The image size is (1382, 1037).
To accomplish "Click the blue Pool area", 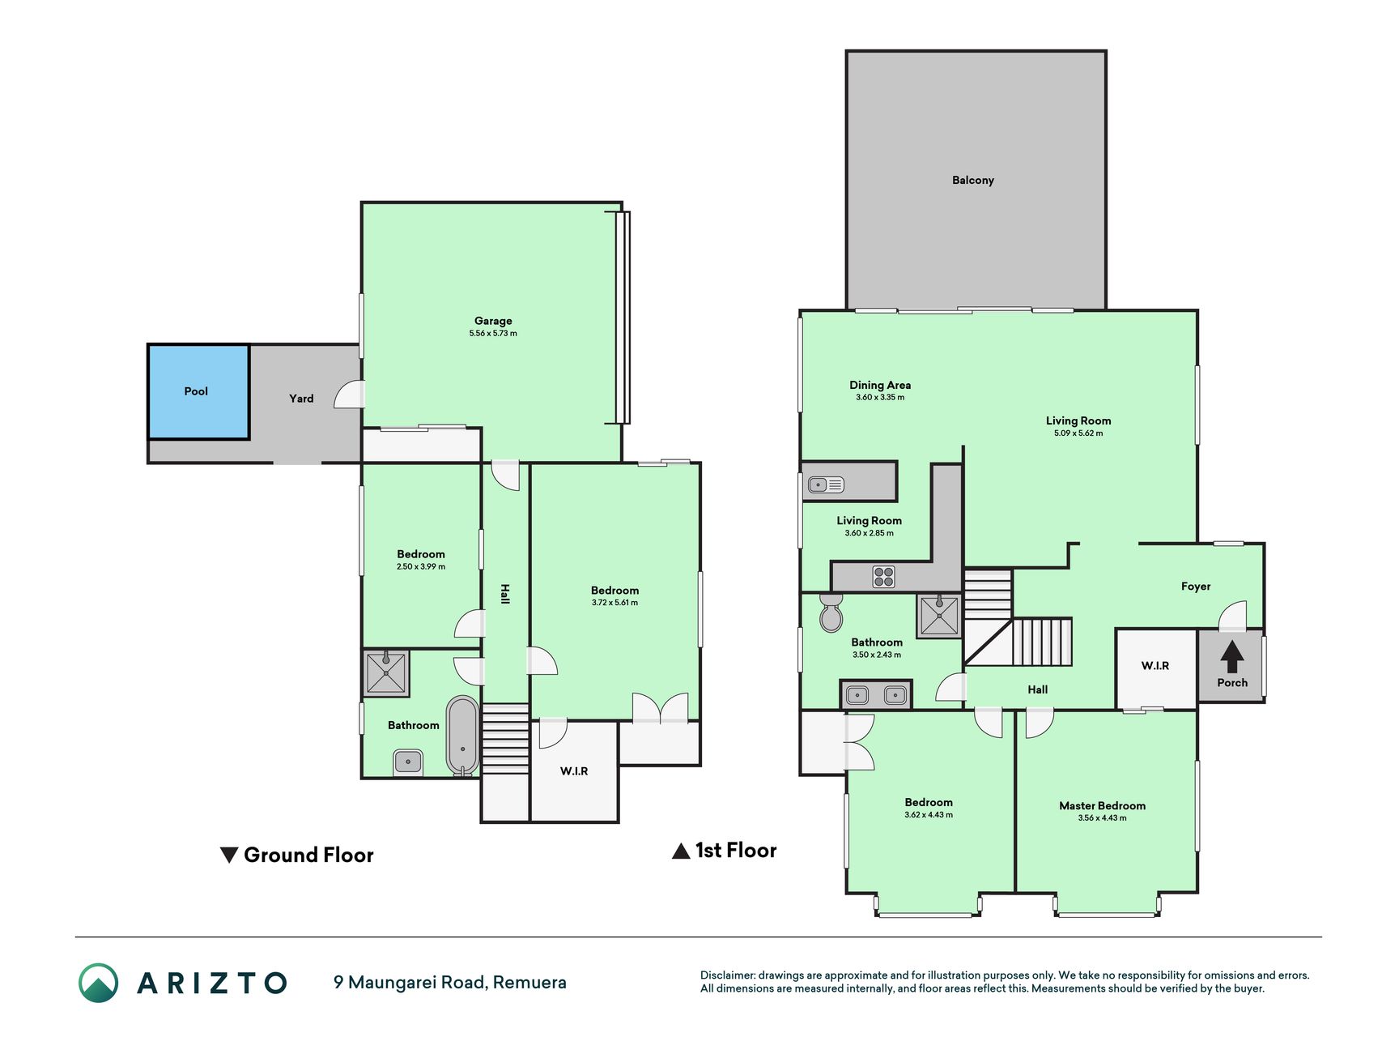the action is coord(198,392).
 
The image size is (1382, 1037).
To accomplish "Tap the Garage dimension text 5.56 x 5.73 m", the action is coord(493,334).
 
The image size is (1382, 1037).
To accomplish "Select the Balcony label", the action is coord(973,180).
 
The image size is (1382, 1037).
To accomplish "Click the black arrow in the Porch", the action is coord(1232,657).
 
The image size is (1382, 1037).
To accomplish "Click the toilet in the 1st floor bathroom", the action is coord(831,612).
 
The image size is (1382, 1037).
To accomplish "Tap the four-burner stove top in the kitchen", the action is coord(883,577).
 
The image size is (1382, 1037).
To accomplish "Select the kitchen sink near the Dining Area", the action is coord(826,485).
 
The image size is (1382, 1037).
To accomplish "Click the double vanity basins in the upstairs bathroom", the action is coord(876,695).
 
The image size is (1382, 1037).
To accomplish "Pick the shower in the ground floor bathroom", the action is coord(386,672).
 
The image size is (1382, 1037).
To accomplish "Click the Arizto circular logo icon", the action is coord(99,983).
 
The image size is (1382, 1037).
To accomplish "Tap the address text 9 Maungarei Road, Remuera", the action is coord(450,983).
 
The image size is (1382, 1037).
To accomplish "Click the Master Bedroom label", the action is coord(1102,806).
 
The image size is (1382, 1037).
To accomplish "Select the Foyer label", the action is coord(1196,587).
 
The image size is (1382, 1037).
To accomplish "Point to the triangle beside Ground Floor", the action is coord(229,855).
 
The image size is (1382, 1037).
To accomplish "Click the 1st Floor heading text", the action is coord(736,851).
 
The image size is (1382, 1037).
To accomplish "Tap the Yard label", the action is coord(301,399).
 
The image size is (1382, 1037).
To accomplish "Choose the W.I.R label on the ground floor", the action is coord(574,771).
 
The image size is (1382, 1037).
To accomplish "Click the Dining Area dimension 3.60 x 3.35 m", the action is coord(880,398).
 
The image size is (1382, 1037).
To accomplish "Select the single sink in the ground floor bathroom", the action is coord(408,762).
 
